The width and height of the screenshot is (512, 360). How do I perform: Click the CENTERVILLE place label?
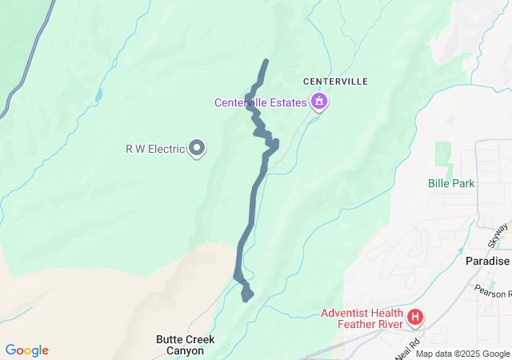pos(335,82)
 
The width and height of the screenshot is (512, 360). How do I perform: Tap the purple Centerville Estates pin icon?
pos(319,102)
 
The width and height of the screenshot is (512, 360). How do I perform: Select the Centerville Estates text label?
pos(260,102)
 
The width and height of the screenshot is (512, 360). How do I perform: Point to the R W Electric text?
pos(155,148)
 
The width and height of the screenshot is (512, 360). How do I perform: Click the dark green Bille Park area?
pos(442,154)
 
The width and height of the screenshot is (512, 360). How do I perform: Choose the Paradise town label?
pos(487,261)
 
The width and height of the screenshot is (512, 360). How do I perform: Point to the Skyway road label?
pos(498,235)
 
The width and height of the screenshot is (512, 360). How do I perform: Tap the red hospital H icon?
pos(415,318)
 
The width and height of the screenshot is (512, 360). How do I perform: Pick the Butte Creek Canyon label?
pos(185,345)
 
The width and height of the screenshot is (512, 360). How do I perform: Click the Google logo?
pos(26,350)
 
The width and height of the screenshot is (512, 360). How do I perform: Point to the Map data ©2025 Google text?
pos(462,354)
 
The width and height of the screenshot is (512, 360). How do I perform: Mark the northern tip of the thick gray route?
pos(266,62)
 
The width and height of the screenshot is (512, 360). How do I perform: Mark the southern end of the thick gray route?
pos(246,298)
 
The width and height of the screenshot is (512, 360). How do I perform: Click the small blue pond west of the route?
pos(98,94)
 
